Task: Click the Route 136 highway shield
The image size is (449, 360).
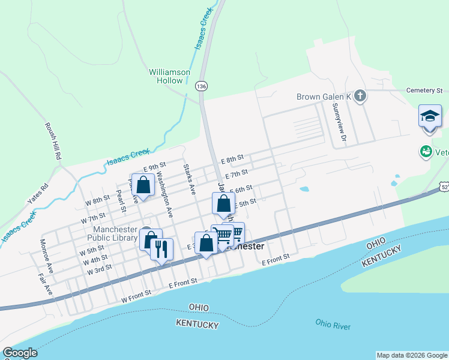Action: click(201, 87)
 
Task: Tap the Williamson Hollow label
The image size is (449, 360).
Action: click(169, 76)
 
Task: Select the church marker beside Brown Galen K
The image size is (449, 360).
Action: click(360, 97)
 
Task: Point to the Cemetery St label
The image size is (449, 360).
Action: click(423, 91)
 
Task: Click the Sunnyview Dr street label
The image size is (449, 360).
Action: click(340, 123)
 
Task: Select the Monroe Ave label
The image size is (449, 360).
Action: click(46, 257)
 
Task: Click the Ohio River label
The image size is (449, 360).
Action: click(333, 325)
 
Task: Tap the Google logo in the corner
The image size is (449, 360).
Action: click(20, 353)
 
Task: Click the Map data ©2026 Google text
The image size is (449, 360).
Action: click(411, 355)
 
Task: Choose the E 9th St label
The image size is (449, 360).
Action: click(154, 166)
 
